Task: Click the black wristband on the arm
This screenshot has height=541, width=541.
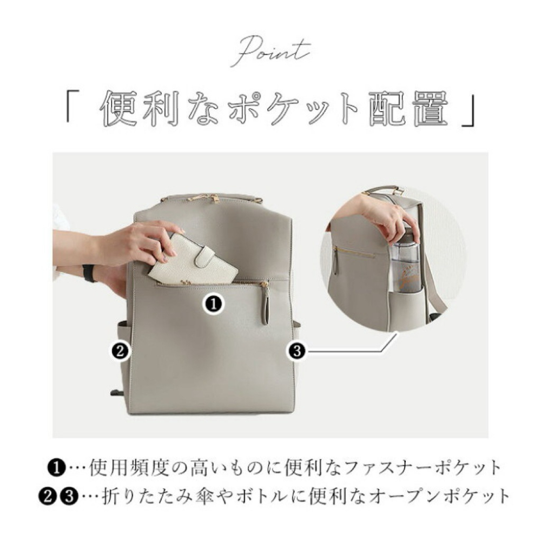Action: tap(88, 273)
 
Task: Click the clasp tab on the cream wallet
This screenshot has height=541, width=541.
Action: tap(204, 256)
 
